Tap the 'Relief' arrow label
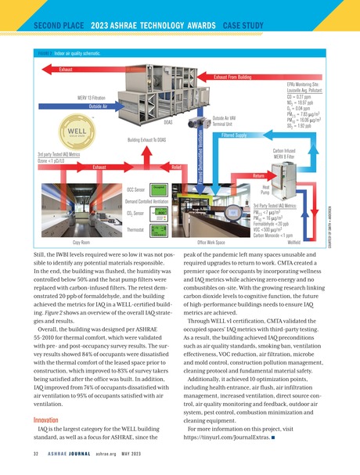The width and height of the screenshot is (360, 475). point(176,167)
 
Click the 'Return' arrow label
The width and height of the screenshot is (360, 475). point(259,175)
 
